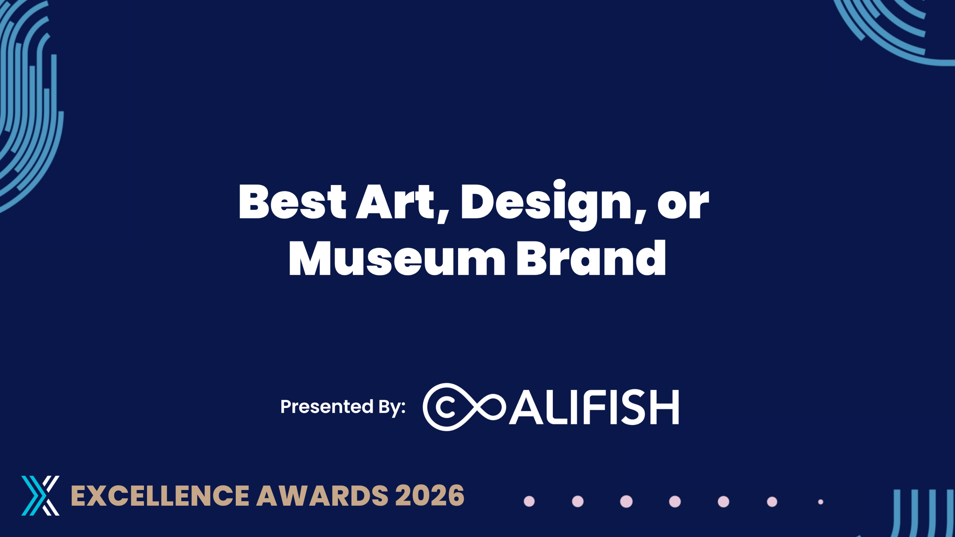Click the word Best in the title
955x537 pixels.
(292, 201)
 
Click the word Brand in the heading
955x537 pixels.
(591, 257)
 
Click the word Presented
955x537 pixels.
(327, 406)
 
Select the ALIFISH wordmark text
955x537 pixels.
(594, 407)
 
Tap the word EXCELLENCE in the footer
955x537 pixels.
(160, 496)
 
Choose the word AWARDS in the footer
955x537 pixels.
(322, 496)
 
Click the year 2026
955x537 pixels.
(430, 496)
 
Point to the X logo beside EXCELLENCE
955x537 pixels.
(40, 496)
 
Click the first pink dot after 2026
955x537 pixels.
(529, 502)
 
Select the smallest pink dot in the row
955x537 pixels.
(821, 502)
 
